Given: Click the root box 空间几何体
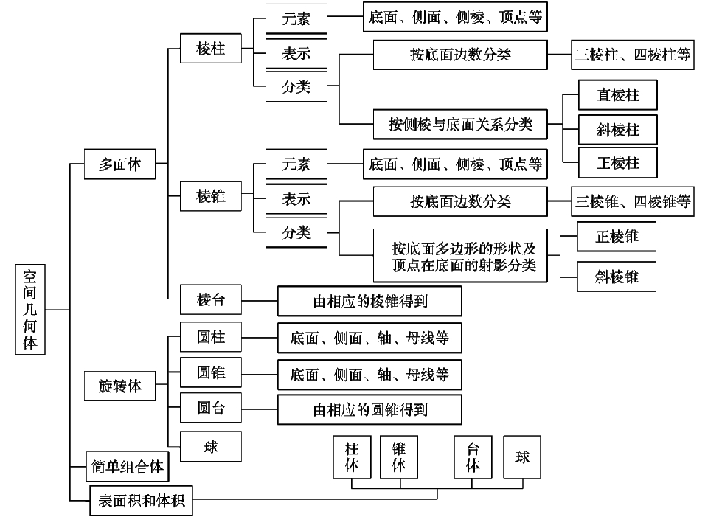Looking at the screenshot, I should pos(30,309).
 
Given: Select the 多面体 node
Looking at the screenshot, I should pos(119,164).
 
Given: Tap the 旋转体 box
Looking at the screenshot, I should pos(119,385).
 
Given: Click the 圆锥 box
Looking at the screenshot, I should pos(211,373).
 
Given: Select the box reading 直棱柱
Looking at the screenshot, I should pos(617,95).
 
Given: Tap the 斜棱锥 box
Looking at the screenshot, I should pos(617,277).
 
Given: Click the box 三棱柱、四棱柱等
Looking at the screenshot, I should pos(633,55).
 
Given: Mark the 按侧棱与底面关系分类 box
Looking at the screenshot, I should pos(460,124).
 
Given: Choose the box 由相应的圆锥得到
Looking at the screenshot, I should pos(369,409).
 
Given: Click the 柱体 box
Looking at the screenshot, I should pos(353,457).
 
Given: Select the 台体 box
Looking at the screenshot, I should pos(473,457).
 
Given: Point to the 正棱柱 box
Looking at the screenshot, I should pos(617,163).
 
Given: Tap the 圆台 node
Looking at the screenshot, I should pos(211,408).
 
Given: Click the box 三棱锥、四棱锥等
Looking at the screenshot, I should pos(633,201).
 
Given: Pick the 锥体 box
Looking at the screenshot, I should pos(399,457).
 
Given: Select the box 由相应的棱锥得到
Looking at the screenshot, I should pos(369,301).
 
